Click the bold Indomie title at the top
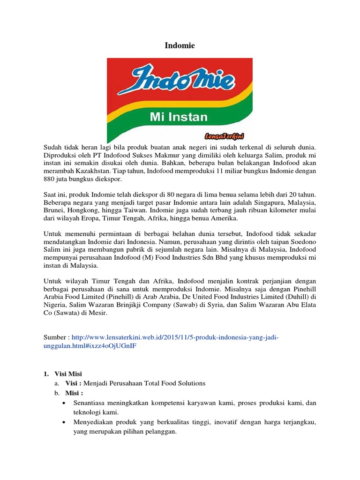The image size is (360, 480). coord(180,45)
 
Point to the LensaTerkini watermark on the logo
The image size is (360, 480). coord(227,136)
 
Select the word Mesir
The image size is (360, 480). coord(97,314)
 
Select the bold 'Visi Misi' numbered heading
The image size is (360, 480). coord(66,374)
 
